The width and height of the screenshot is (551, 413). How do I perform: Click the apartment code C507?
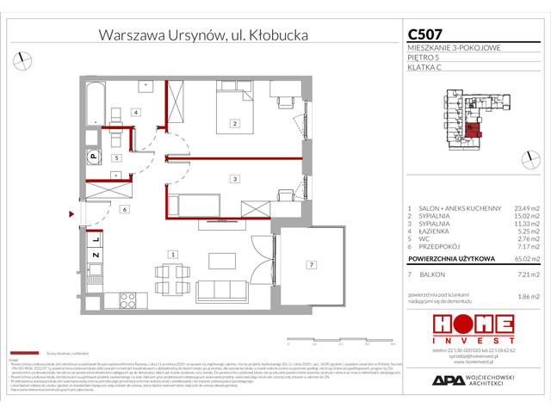[426, 35]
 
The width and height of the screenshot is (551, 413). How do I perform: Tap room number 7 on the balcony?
[313, 264]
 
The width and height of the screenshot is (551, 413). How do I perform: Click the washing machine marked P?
[90, 156]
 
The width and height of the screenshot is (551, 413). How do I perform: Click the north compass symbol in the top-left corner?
[20, 59]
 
